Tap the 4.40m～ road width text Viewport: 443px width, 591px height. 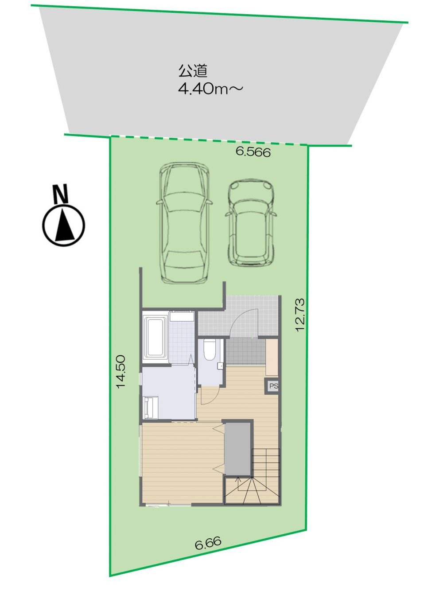[211, 89]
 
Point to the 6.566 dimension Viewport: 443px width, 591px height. [253, 153]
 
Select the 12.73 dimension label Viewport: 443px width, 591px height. [300, 315]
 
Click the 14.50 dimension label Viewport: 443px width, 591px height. [121, 372]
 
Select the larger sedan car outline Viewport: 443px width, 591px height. [184, 223]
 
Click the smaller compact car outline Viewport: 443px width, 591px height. [251, 222]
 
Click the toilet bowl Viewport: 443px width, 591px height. [209, 349]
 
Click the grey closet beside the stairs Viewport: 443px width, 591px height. [237, 449]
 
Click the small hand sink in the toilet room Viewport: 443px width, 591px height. [220, 365]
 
